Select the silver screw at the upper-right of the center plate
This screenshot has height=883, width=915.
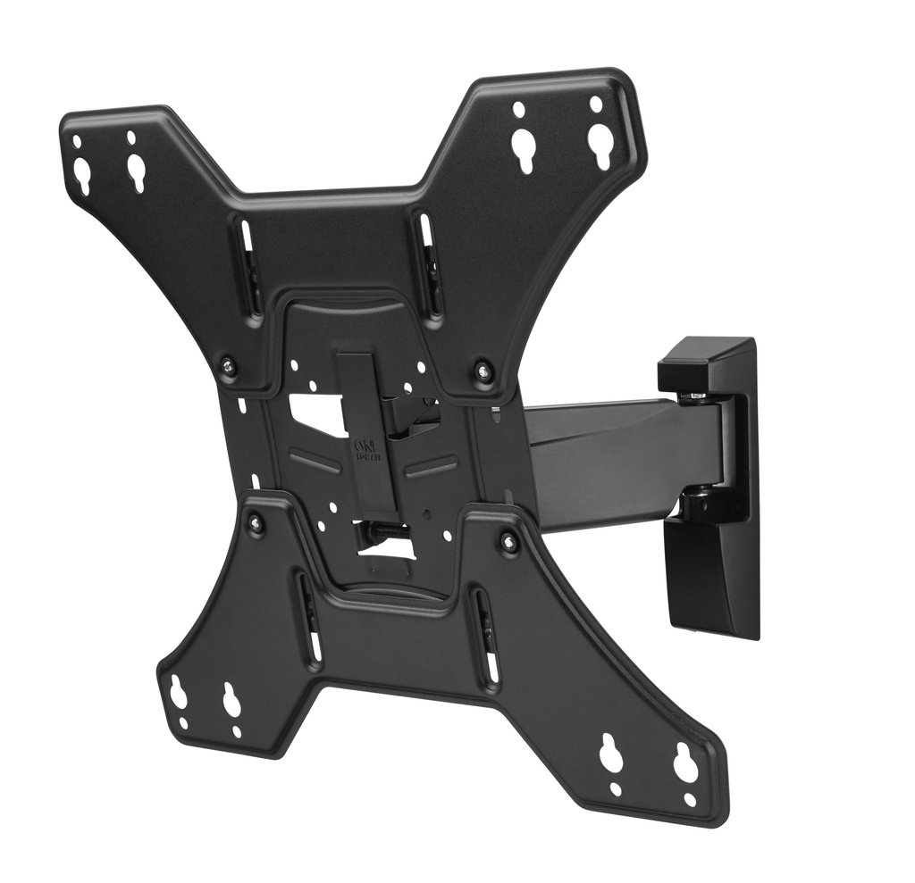coord(483,369)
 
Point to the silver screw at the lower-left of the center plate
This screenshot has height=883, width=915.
coord(256,523)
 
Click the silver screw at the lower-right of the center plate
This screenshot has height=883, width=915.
coord(509,541)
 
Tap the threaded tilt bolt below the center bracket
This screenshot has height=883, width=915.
coord(384,534)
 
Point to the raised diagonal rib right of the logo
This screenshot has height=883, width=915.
coord(430,465)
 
